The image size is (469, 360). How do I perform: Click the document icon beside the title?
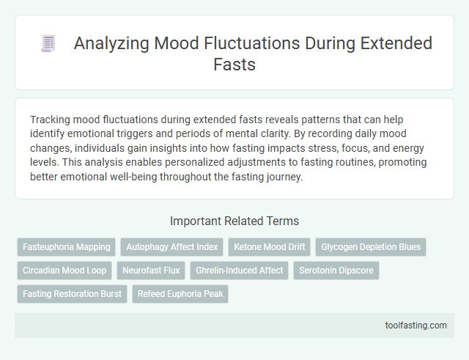pyautogui.click(x=48, y=44)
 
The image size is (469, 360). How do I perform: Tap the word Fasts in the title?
pyautogui.click(x=234, y=64)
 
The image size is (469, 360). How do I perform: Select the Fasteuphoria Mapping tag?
pyautogui.click(x=67, y=247)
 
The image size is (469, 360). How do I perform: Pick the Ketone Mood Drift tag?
pyautogui.click(x=269, y=247)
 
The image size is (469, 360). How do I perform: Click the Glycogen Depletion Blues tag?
pyautogui.click(x=371, y=247)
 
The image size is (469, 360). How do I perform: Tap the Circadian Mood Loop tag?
pyautogui.click(x=64, y=271)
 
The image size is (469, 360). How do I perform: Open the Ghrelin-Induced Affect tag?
pyautogui.click(x=240, y=271)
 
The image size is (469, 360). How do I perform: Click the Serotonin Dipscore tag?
pyautogui.click(x=336, y=271)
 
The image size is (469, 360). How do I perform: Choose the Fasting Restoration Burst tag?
pyautogui.click(x=72, y=294)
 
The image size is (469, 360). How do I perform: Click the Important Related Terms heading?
pyautogui.click(x=234, y=221)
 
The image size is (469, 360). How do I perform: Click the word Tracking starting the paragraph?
pyautogui.click(x=51, y=120)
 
